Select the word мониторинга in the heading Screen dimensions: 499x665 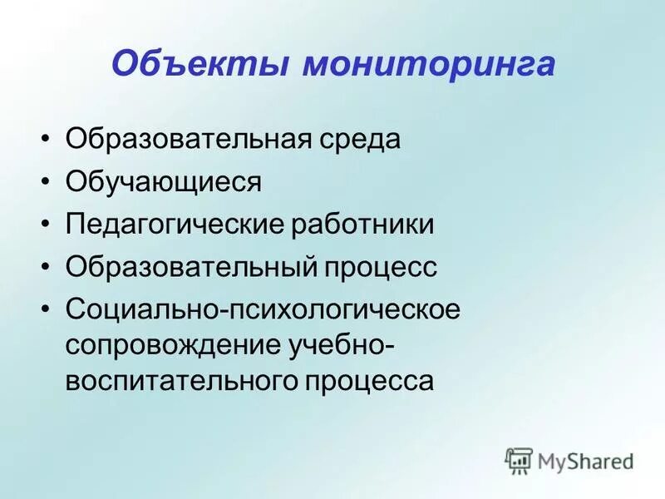[x=427, y=65]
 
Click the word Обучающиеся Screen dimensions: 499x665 [x=164, y=181]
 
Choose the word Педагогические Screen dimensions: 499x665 [x=175, y=225]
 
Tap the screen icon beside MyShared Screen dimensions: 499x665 [x=519, y=461]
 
